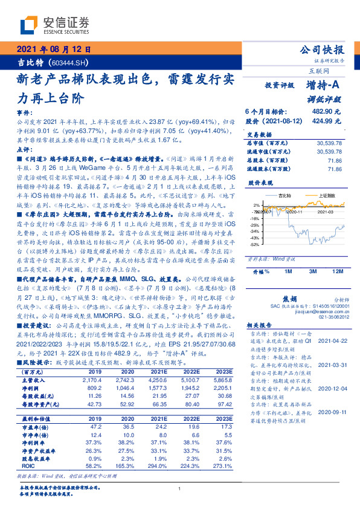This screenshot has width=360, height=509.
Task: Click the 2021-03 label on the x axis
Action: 327,212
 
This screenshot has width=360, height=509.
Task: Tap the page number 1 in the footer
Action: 180,488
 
